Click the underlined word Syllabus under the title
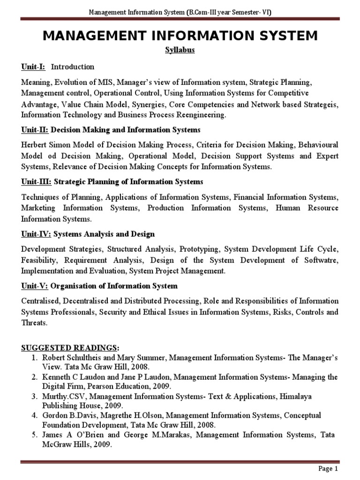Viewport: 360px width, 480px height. [180, 51]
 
